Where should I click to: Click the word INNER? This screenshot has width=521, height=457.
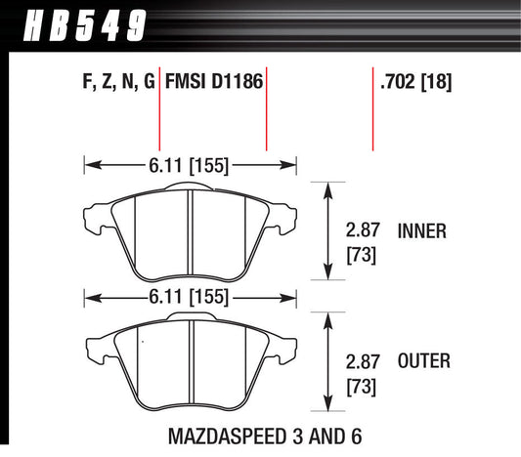[x=422, y=231]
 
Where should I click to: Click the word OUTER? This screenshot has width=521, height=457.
[x=424, y=362]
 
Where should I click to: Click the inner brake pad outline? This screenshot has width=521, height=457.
[x=156, y=234]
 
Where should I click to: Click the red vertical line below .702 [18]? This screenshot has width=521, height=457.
[x=373, y=122]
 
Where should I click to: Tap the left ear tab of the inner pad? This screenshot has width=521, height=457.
[x=98, y=211]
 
